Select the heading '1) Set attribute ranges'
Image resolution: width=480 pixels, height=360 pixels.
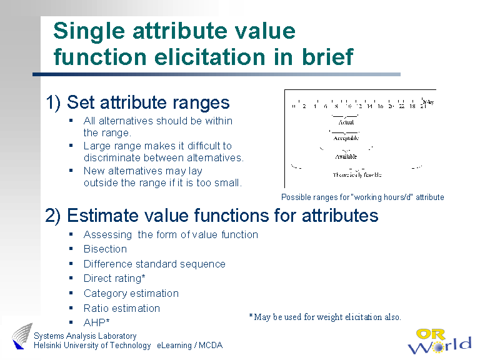point(138,102)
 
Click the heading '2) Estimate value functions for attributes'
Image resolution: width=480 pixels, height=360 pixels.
point(212,216)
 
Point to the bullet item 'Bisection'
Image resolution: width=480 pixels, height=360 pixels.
point(105,249)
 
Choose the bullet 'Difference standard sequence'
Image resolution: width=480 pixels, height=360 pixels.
point(154,264)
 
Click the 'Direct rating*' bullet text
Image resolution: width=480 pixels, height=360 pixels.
point(114,279)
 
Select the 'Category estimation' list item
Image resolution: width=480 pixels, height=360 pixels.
point(131,293)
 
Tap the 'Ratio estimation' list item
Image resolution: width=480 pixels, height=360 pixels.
point(122,308)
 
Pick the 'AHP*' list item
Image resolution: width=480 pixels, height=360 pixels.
point(97,322)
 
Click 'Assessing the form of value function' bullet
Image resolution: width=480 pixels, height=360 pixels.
point(171,234)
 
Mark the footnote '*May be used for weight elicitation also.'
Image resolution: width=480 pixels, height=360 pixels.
point(325,317)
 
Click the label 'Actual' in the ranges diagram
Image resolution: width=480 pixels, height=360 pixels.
point(346,122)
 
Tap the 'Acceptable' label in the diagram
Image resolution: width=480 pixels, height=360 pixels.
point(346,137)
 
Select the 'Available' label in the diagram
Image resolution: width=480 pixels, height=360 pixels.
point(346,156)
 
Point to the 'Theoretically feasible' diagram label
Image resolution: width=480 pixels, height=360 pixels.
point(357,175)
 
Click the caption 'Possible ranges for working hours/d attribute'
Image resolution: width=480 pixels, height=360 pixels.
point(362,197)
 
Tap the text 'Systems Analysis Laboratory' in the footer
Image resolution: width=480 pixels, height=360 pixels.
point(85,336)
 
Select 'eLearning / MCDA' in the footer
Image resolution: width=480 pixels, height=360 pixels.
point(190,346)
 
